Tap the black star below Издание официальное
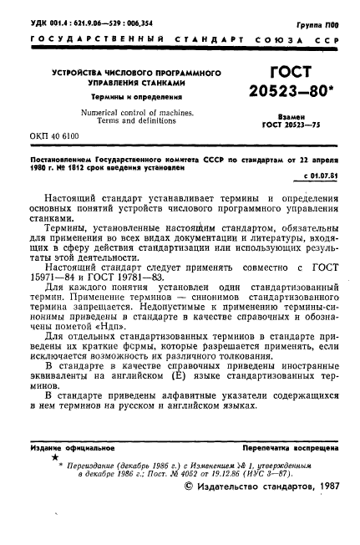[54, 459]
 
